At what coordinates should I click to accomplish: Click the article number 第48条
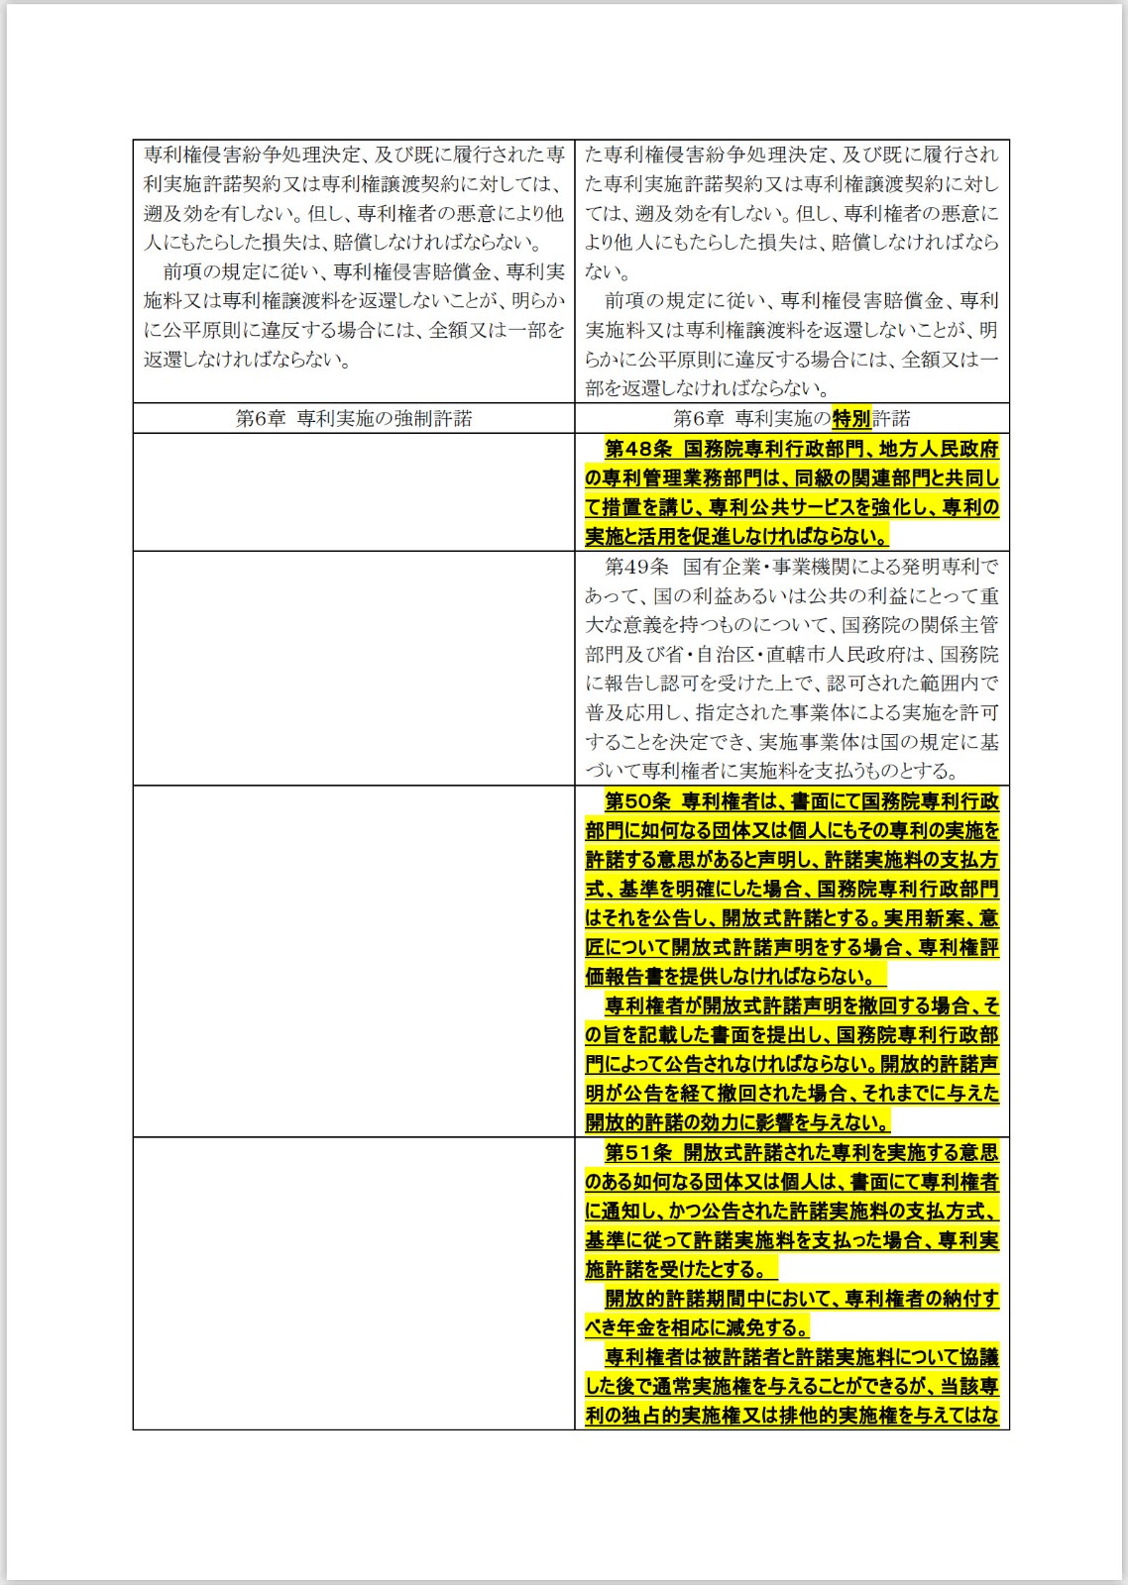coord(638,449)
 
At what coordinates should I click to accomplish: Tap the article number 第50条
coord(638,801)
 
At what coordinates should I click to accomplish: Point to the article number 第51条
coord(638,1153)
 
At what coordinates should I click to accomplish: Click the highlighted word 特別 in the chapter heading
coord(851,418)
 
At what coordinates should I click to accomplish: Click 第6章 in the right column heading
coord(698,418)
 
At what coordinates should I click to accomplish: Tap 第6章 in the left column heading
coord(260,418)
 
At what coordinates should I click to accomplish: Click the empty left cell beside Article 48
coord(354,491)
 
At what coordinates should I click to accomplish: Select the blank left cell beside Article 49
coord(354,668)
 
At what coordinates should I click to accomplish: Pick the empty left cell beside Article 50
coord(354,961)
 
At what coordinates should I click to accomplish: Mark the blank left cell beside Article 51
coord(354,1283)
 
